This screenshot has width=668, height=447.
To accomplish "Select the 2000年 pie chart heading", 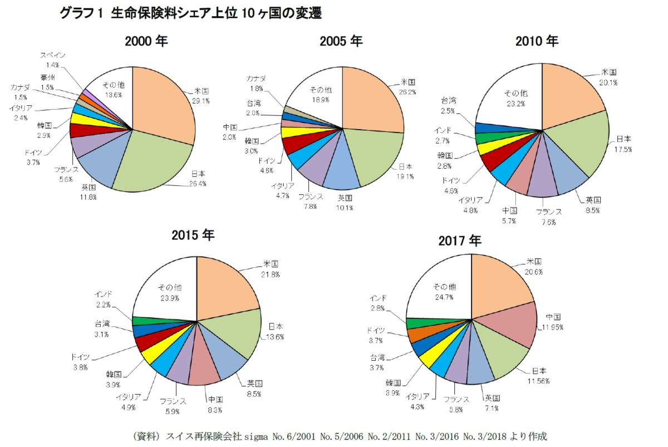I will (x=146, y=41).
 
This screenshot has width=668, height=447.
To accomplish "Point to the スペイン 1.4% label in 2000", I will (x=53, y=60).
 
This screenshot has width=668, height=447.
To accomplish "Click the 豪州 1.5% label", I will (x=47, y=82).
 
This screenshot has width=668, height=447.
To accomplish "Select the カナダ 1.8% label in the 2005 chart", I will (x=257, y=83).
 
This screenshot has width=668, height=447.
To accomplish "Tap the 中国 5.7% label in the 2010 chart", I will (x=509, y=215).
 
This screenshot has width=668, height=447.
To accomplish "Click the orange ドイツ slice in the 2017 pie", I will (x=416, y=335).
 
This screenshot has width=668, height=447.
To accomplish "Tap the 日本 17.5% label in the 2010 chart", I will (x=623, y=143).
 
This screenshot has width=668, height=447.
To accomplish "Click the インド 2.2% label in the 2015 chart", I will (x=104, y=299).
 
